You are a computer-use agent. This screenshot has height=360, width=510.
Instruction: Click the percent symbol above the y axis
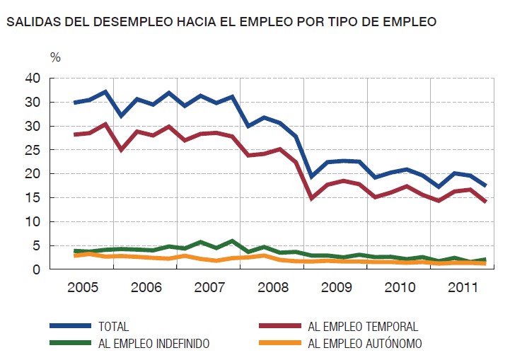56,56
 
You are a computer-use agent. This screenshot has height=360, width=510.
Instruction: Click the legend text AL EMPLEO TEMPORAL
363,326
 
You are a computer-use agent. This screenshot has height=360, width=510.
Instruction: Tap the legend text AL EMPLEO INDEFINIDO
153,344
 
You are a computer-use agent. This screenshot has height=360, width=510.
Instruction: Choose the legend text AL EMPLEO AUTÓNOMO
365,344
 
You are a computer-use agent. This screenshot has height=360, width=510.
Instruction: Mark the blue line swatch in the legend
70,326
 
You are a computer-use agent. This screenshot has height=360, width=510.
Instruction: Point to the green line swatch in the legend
70,344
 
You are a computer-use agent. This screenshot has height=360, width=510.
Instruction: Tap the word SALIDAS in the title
30,22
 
